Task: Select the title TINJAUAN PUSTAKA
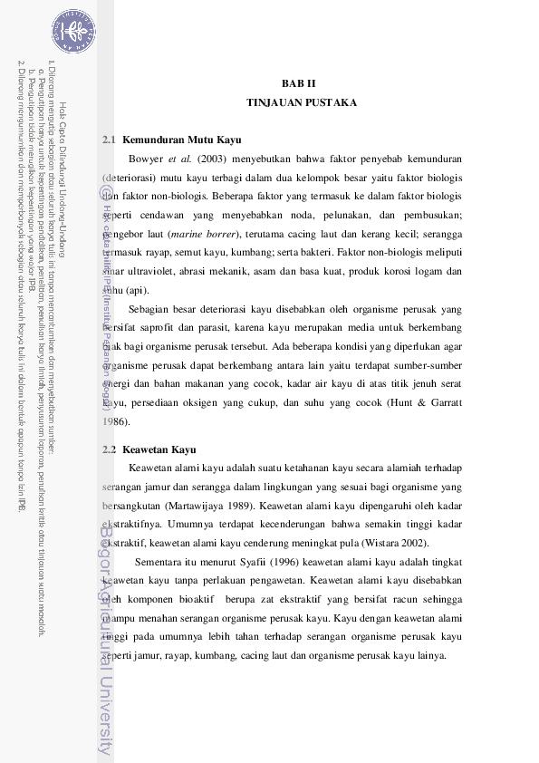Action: click(x=301, y=103)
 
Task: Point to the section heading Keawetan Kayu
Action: click(x=159, y=449)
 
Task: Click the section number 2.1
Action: click(x=110, y=140)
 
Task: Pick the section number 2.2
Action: click(x=110, y=449)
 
